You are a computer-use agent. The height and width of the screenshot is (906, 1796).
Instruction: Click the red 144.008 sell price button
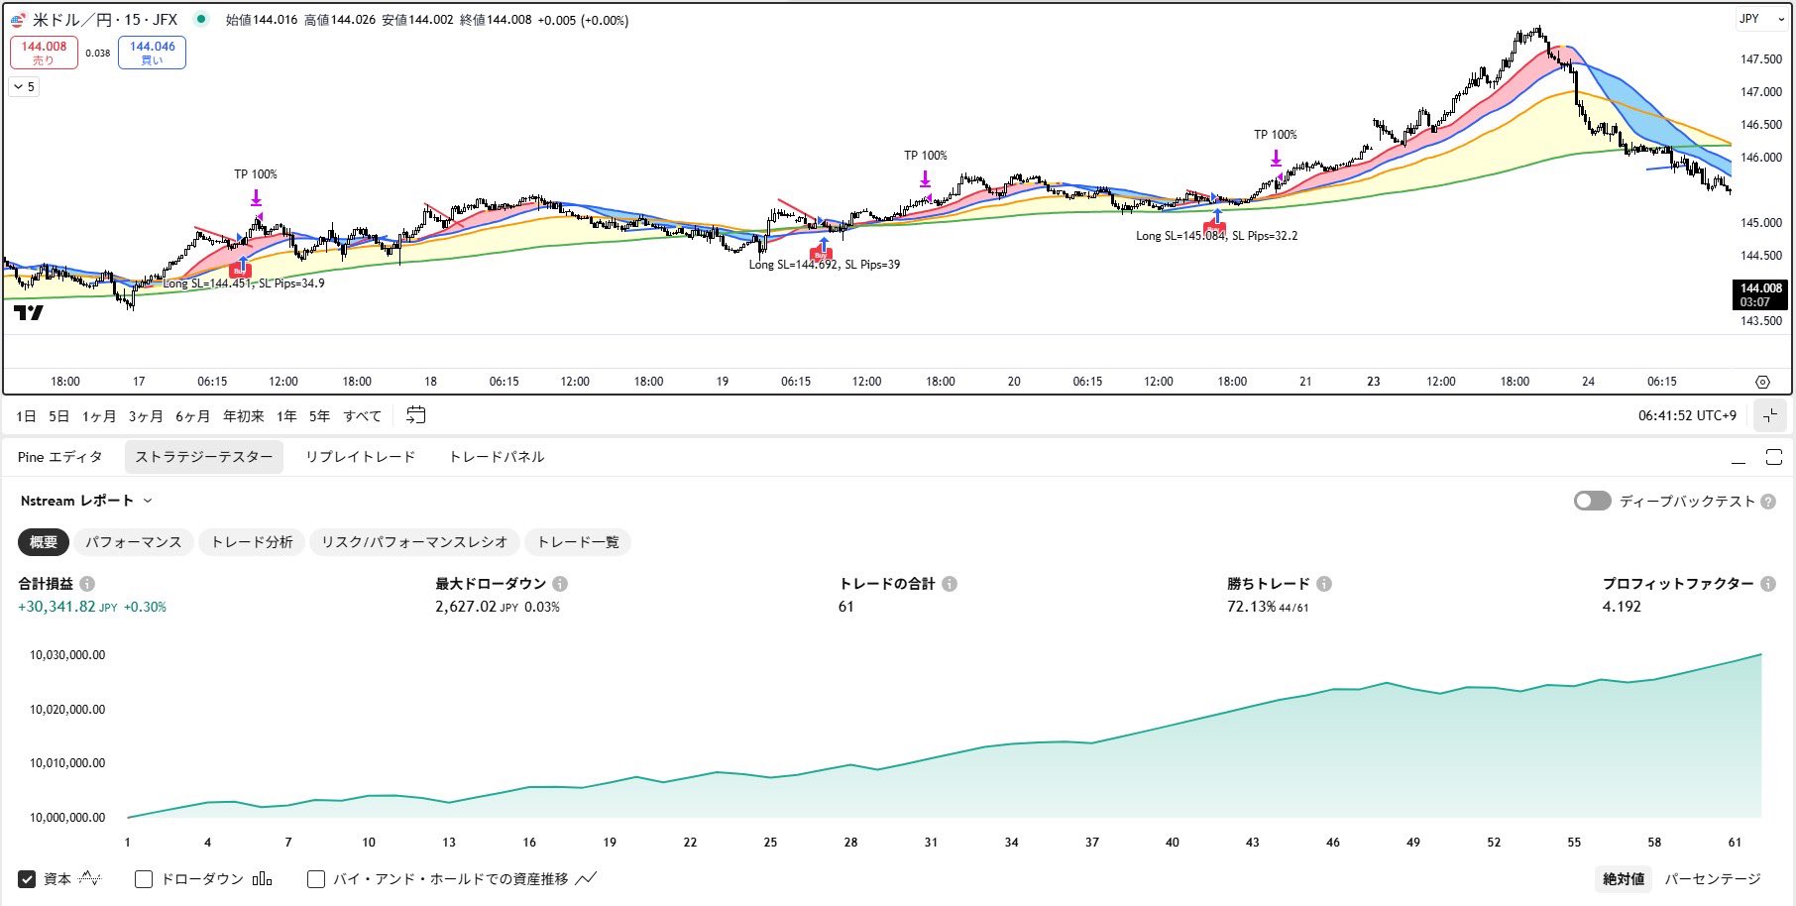click(x=44, y=52)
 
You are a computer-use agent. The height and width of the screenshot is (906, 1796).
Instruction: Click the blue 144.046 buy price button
click(x=152, y=52)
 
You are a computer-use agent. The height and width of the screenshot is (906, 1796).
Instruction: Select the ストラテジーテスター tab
click(x=204, y=457)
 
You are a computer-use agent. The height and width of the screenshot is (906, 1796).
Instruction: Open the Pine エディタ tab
click(x=59, y=457)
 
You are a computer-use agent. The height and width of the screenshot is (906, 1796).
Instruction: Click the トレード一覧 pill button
click(x=578, y=542)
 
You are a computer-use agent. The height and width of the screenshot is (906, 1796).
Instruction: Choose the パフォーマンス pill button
click(x=134, y=542)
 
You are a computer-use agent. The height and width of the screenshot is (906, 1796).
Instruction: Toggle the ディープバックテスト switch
click(x=1592, y=501)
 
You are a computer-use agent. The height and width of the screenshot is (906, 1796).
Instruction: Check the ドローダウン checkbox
click(x=144, y=879)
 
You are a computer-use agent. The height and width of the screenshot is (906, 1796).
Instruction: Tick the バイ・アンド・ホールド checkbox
click(x=316, y=879)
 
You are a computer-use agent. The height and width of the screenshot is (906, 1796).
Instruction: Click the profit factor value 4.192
click(x=1622, y=607)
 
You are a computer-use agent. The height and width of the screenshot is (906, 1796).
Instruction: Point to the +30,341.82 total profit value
click(x=57, y=607)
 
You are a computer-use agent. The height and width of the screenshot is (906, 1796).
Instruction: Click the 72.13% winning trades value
click(x=1251, y=607)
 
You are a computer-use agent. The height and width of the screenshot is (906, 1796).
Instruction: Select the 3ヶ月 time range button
click(x=146, y=416)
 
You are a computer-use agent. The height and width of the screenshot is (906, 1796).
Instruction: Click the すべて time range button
click(x=362, y=416)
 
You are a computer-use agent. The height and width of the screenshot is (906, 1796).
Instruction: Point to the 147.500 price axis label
click(x=1760, y=59)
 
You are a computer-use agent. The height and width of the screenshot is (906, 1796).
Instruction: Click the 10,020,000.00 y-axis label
click(x=67, y=710)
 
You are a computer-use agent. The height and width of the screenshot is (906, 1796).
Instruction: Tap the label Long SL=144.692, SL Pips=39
click(x=824, y=265)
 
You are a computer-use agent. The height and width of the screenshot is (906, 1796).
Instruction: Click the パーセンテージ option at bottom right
click(x=1712, y=879)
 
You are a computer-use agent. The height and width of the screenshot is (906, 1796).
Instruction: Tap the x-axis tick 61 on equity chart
click(x=1735, y=843)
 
